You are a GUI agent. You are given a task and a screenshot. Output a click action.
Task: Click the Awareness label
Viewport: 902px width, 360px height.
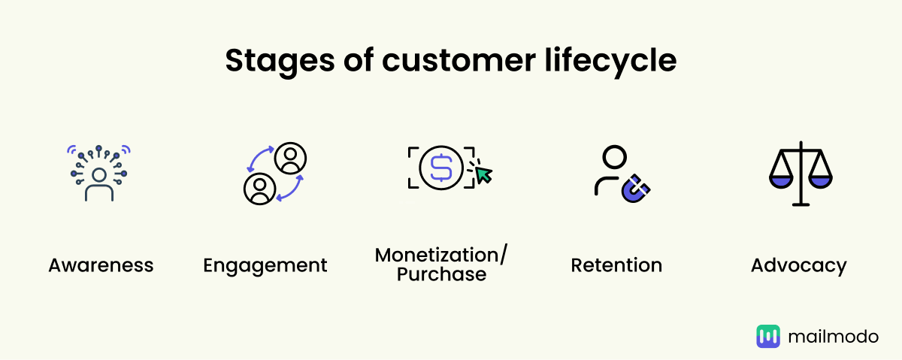101,265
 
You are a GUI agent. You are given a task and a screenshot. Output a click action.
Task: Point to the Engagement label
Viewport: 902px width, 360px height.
265,265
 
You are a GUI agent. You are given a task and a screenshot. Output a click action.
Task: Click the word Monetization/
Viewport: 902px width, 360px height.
441,256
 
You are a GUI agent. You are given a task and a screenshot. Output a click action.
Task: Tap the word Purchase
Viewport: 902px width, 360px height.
441,275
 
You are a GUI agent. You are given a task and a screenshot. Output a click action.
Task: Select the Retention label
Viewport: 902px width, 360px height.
616,265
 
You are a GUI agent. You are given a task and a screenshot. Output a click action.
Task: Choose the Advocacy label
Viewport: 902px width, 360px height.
798,265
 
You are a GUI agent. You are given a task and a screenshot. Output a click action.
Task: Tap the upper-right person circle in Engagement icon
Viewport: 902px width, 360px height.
290,158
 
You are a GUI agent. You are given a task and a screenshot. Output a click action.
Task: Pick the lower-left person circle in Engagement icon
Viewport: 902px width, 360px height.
259,188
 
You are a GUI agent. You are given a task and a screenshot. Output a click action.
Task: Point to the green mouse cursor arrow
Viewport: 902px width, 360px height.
483,175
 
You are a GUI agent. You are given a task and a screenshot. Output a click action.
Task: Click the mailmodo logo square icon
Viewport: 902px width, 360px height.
768,336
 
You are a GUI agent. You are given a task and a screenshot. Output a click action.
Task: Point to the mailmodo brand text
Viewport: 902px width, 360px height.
833,336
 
